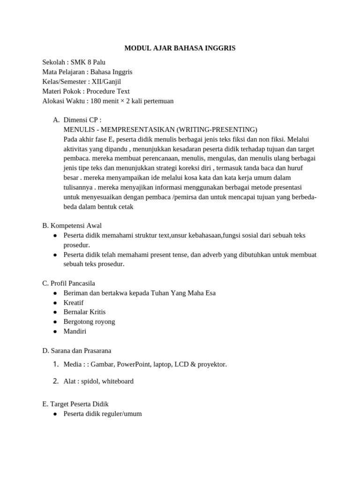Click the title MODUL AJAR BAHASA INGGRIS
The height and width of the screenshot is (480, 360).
click(180, 48)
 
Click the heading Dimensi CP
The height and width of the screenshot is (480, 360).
click(82, 120)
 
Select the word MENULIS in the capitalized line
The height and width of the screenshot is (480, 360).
click(78, 130)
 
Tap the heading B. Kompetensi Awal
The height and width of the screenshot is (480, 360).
click(72, 225)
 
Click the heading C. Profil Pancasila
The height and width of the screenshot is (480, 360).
click(68, 283)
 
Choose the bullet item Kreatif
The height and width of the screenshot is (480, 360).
click(74, 302)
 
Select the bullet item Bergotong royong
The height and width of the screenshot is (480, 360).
click(89, 322)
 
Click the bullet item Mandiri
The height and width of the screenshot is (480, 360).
click(75, 331)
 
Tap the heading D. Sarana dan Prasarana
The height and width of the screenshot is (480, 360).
click(76, 351)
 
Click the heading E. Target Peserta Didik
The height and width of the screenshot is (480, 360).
click(75, 404)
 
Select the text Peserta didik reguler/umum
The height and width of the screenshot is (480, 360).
click(102, 414)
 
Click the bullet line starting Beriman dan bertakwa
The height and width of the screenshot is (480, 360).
click(139, 293)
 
